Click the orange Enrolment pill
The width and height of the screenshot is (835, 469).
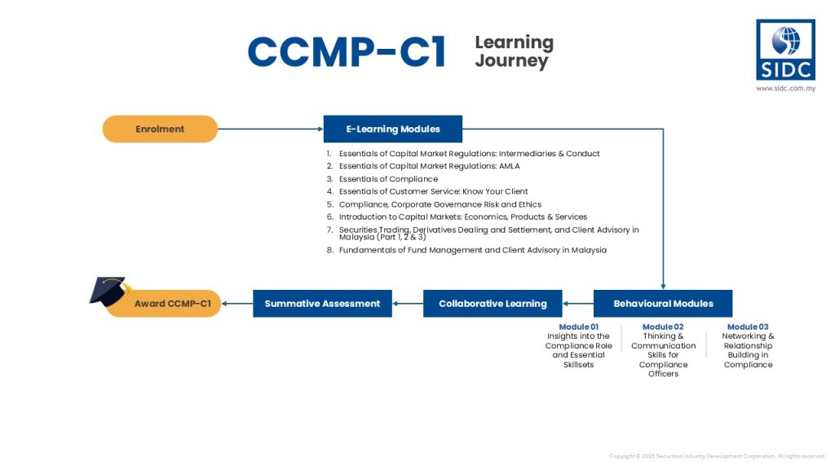[160, 129]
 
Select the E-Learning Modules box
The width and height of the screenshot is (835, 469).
[393, 129]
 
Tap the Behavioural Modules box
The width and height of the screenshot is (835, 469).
[663, 304]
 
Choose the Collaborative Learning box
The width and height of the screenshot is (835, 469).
[493, 304]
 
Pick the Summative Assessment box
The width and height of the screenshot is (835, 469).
[322, 304]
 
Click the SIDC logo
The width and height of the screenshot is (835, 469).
[785, 50]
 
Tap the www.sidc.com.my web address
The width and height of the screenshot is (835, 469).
[785, 88]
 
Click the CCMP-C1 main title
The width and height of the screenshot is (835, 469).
[347, 53]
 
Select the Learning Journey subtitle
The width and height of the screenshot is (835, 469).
[514, 51]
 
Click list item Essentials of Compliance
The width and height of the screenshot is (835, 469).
[388, 179]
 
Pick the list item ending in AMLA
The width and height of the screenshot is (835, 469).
[429, 166]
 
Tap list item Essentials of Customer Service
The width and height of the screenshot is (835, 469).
[433, 192]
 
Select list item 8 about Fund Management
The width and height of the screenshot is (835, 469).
[472, 250]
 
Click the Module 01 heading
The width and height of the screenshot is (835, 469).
[578, 327]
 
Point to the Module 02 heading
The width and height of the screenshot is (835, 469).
[663, 327]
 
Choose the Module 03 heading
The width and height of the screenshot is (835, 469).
[748, 327]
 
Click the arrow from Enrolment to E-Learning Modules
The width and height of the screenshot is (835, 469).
[270, 129]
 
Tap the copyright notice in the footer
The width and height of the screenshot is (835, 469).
[718, 456]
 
